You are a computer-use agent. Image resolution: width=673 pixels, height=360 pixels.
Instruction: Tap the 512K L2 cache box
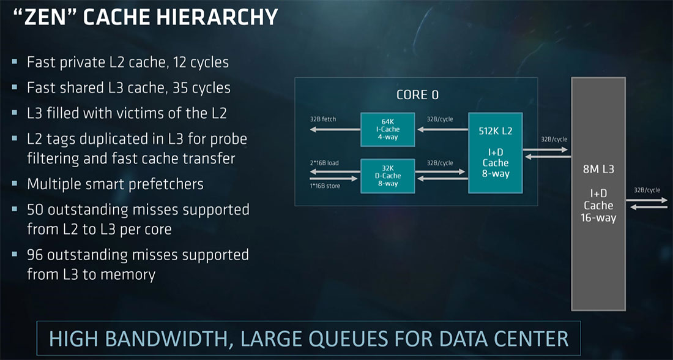click(x=495, y=152)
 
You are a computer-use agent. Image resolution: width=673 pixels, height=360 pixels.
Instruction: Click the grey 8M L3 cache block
click(x=598, y=193)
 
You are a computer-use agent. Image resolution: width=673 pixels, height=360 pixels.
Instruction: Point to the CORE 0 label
click(x=417, y=95)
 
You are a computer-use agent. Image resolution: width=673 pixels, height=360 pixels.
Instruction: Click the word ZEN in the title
click(x=51, y=17)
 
